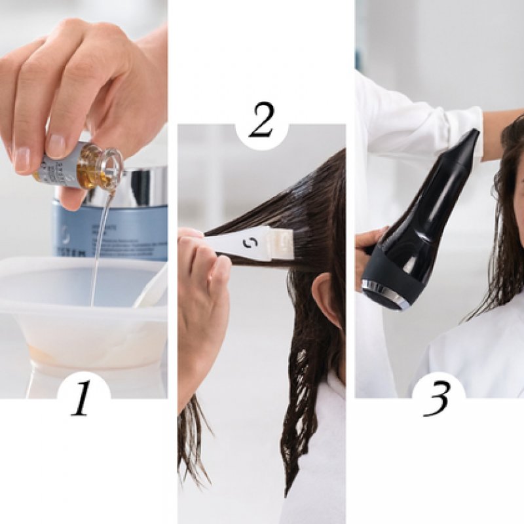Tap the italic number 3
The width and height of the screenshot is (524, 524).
437,399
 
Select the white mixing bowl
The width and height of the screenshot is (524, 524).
79,308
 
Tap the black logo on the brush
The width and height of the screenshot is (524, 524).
250,243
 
